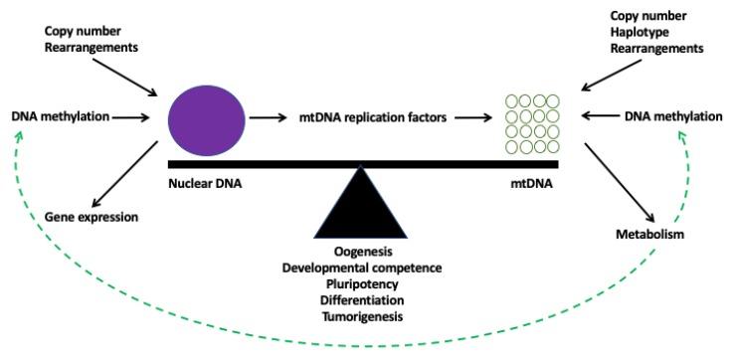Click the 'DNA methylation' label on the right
(x=673, y=117)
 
